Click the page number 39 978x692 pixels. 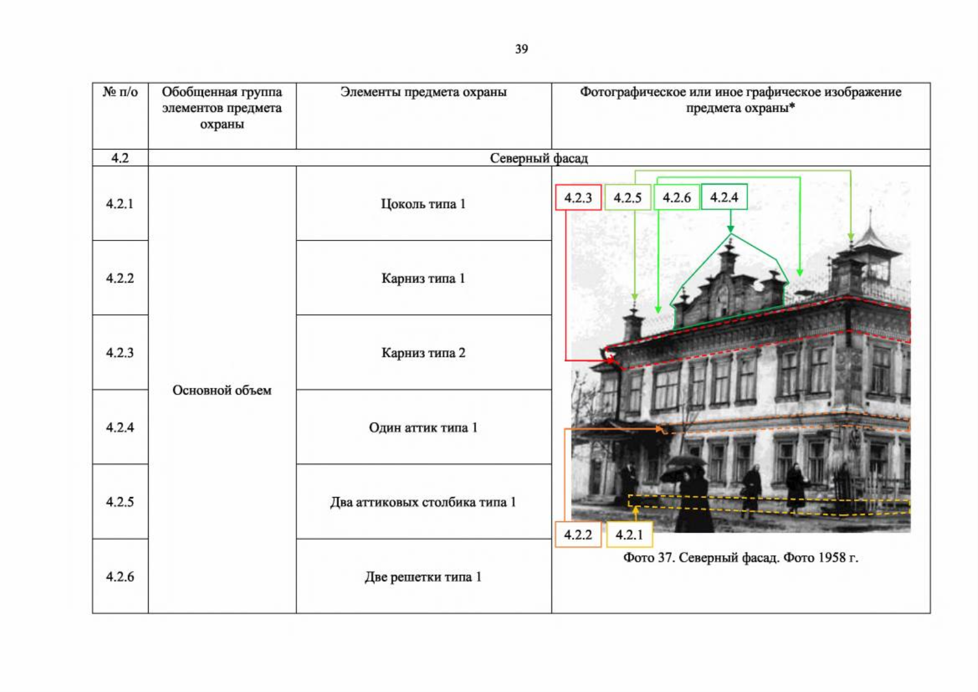[521, 49]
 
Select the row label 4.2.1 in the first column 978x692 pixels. [119, 204]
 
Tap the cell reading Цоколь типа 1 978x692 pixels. [423, 204]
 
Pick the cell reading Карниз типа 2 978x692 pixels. [423, 352]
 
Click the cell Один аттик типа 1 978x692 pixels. [423, 427]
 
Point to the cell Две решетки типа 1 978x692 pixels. [423, 577]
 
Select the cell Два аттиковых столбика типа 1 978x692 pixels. [423, 502]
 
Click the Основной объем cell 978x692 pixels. [222, 390]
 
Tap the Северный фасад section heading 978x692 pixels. [539, 158]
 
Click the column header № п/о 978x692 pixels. [120, 92]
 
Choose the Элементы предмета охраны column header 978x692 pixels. [423, 92]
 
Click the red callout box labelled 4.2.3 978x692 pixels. [578, 197]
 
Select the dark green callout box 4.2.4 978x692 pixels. [724, 197]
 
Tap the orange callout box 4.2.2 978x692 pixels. [578, 535]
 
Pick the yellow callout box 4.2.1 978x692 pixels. [630, 535]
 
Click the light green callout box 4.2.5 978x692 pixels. [627, 197]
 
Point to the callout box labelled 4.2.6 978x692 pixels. [677, 197]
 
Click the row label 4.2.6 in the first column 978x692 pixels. [119, 577]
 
